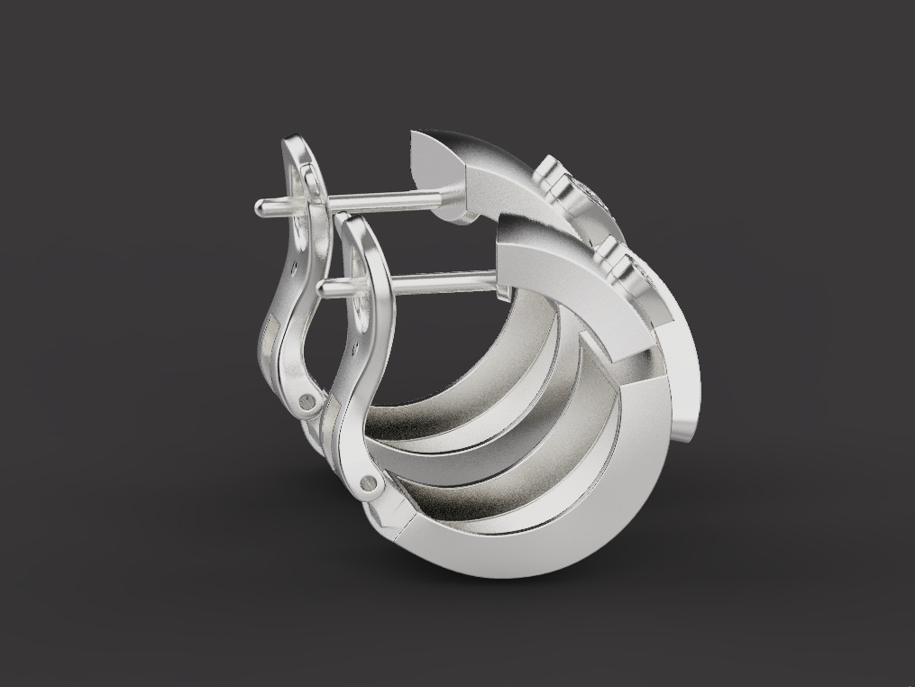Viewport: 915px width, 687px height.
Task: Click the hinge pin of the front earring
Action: [370, 483]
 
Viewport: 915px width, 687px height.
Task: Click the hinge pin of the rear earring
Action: [308, 400]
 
